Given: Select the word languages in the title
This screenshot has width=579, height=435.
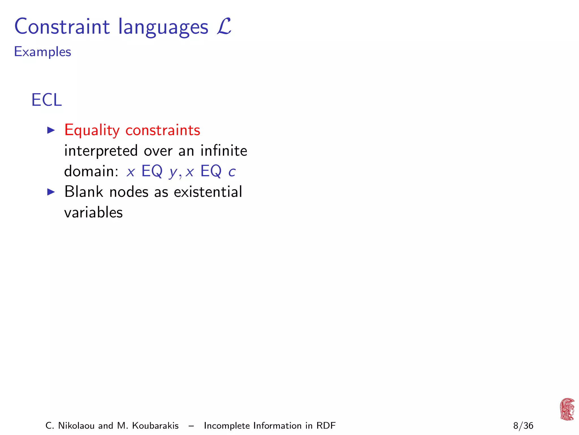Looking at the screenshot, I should click(x=163, y=27).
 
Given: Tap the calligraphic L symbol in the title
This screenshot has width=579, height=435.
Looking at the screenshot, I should click(x=224, y=26).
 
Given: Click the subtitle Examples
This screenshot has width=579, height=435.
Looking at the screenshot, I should click(x=43, y=52).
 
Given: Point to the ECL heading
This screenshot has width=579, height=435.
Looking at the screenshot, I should click(x=46, y=100).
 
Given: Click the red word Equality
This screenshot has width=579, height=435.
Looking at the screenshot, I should click(x=92, y=131).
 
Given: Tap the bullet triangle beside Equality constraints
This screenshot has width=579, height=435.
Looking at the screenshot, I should click(x=51, y=130).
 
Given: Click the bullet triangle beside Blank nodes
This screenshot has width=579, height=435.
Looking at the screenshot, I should click(x=51, y=192).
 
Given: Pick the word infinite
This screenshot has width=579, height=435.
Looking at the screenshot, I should click(x=224, y=150).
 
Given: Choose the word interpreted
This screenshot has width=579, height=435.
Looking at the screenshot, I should click(x=101, y=151).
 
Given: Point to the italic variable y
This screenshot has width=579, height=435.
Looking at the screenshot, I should click(x=173, y=172).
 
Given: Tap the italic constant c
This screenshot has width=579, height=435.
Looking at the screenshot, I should click(x=232, y=172).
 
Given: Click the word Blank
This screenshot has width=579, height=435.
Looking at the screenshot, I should click(x=84, y=192).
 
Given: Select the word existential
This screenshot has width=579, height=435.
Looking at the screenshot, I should click(x=208, y=192).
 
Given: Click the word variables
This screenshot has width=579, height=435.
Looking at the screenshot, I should click(x=93, y=212).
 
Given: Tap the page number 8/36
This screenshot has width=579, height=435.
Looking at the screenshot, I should click(x=523, y=426).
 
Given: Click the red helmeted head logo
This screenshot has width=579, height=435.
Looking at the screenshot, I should click(x=567, y=409).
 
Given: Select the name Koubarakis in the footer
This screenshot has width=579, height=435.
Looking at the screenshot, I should click(x=155, y=426).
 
